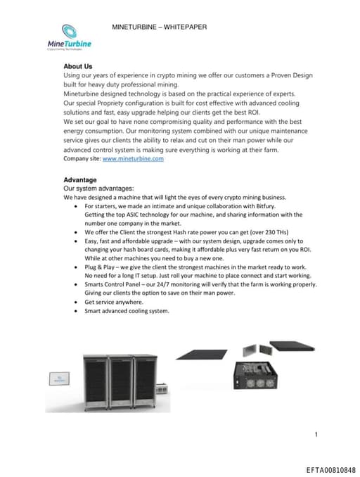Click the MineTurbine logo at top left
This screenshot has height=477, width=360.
pyautogui.click(x=69, y=39)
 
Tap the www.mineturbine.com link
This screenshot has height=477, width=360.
pyautogui.click(x=133, y=159)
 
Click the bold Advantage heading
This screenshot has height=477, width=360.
pyautogui.click(x=80, y=180)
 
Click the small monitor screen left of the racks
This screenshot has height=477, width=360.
pyautogui.click(x=59, y=379)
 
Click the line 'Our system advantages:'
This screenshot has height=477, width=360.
pyautogui.click(x=98, y=189)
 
